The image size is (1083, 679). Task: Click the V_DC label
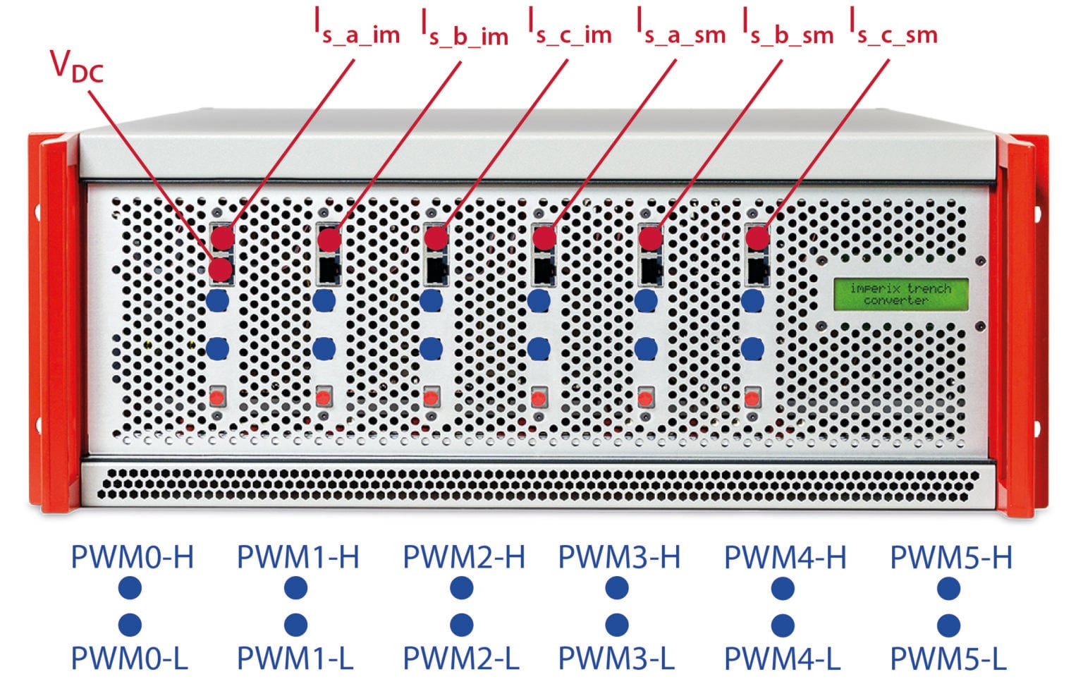77,66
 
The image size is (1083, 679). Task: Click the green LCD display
900,294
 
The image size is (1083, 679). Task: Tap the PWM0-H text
132,557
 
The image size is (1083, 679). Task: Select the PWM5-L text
948,659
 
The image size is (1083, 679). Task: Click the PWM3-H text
619,557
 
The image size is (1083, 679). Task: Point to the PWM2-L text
460,659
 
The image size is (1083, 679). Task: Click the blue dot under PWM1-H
296,589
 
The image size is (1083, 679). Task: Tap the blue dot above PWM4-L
783,625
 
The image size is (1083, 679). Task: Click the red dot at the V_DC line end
221,270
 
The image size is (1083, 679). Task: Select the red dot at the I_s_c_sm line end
757,238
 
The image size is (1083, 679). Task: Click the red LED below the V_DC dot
218,398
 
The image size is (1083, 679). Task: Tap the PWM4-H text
785,557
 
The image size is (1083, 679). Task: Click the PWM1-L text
295,659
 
